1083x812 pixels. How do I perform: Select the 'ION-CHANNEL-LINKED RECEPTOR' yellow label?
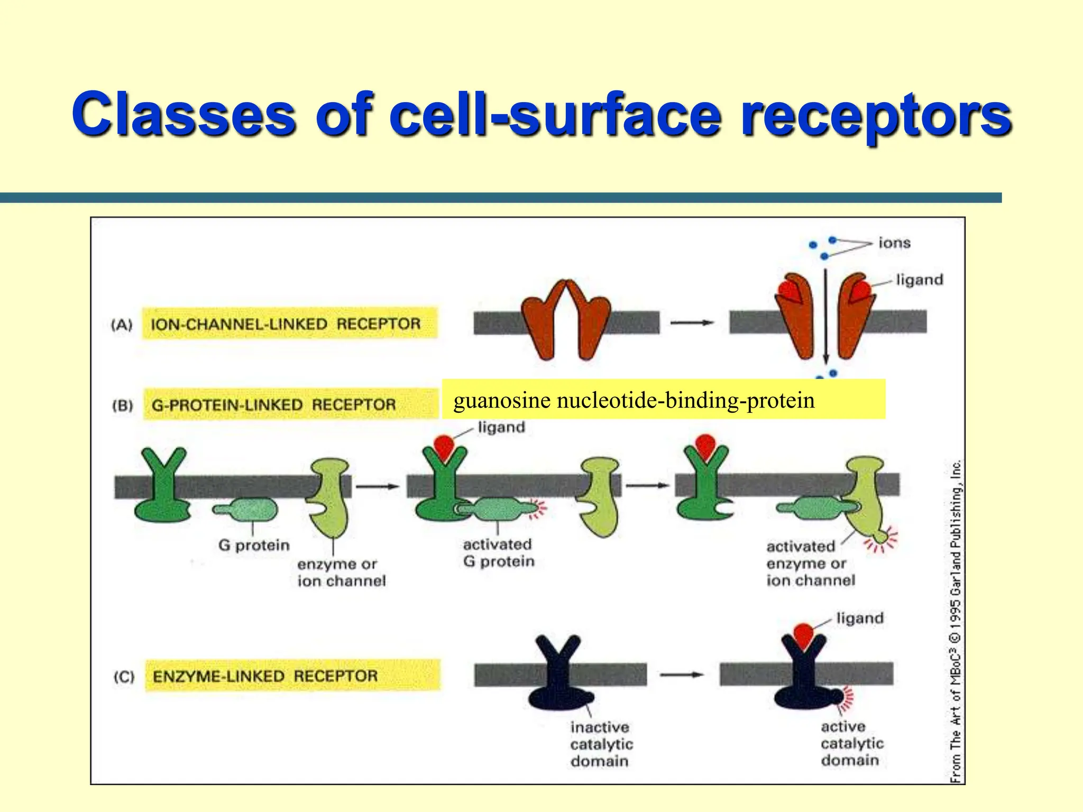pyautogui.click(x=289, y=324)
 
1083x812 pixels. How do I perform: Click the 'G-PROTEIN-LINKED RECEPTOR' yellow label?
pyautogui.click(x=290, y=405)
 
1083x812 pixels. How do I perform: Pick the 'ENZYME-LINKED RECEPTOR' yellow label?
pyautogui.click(x=292, y=676)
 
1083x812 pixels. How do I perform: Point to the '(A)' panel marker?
pyautogui.click(x=122, y=325)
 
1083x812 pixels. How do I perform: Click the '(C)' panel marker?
pyautogui.click(x=124, y=677)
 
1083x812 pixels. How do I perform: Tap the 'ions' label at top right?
pyautogui.click(x=894, y=243)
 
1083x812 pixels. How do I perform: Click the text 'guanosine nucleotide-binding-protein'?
pyautogui.click(x=634, y=400)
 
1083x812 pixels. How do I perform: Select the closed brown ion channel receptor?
pyautogui.click(x=566, y=320)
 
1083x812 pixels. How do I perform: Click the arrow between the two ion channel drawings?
pyautogui.click(x=692, y=322)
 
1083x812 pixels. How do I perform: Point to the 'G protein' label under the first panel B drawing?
pyautogui.click(x=254, y=545)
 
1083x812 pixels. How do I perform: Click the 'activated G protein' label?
pyautogui.click(x=498, y=553)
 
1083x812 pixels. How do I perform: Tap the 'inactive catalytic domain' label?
pyautogui.click(x=601, y=744)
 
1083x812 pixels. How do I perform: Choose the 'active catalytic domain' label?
pyautogui.click(x=852, y=743)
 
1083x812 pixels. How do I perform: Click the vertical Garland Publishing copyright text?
pyautogui.click(x=956, y=621)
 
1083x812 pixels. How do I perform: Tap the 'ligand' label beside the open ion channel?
pyautogui.click(x=919, y=280)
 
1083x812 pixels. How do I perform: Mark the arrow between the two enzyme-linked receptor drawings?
pyautogui.click(x=682, y=675)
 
